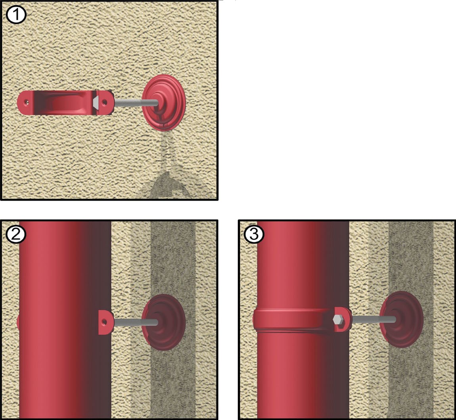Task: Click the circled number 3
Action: click(254, 234)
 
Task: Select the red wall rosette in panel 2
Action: click(164, 322)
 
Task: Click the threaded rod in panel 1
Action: click(136, 103)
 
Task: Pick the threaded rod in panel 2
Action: click(136, 322)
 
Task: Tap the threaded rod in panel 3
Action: click(374, 319)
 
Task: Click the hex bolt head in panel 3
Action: click(338, 320)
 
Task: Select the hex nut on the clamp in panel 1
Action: click(96, 102)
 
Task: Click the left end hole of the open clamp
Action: click(27, 102)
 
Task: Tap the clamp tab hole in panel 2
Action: click(104, 322)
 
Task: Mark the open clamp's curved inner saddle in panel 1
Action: click(63, 103)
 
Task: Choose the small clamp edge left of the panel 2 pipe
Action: click(18, 322)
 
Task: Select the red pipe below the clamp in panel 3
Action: click(303, 375)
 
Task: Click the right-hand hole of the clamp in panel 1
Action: click(104, 102)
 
